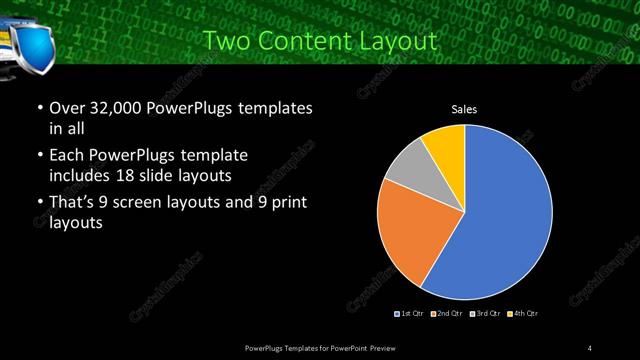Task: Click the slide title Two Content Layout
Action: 319,42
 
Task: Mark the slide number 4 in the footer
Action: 590,346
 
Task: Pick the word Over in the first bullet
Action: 66,107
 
